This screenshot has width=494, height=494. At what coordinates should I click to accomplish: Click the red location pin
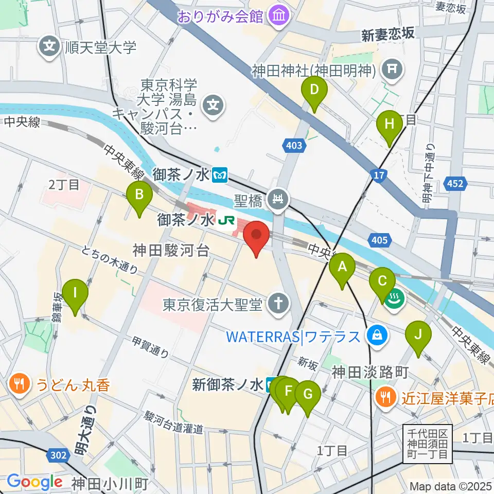(x=256, y=236)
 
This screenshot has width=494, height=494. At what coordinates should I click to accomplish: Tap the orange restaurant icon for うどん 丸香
(x=19, y=385)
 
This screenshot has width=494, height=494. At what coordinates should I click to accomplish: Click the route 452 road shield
(x=458, y=184)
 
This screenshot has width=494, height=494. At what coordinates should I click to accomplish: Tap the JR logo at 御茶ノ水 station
(x=225, y=221)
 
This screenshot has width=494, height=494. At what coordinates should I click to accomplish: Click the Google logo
(x=34, y=482)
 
